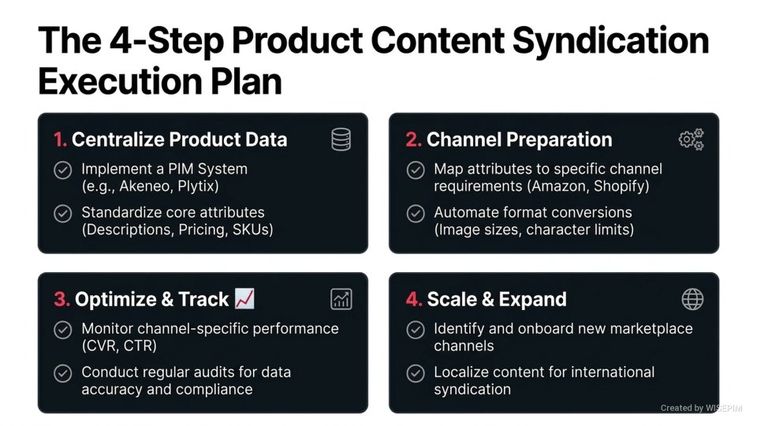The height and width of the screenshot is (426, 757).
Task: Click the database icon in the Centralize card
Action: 341,140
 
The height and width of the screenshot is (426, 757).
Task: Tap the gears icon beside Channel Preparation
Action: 691,140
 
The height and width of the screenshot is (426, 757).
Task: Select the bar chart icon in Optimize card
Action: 341,299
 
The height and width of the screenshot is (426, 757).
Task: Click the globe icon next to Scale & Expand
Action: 692,299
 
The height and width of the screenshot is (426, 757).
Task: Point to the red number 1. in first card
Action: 61,140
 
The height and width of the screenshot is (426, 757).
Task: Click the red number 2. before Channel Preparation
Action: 413,140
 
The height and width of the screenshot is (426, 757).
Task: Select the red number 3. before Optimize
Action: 62,300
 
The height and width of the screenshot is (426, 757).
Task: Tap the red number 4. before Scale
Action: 414,300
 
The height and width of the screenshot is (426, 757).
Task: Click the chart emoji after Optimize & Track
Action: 244,299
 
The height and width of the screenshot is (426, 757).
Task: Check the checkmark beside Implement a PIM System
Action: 62,170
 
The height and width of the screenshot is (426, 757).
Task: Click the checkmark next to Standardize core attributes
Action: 62,213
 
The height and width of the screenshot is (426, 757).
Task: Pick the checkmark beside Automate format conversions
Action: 415,213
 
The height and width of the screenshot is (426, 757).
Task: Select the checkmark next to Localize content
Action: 415,372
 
